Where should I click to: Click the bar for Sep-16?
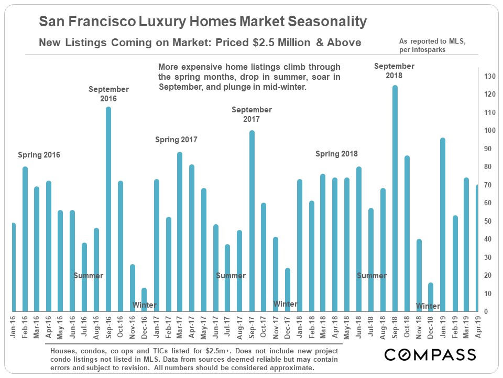[x=108, y=210]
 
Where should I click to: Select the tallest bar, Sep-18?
[x=395, y=199]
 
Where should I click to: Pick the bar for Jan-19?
[x=443, y=226]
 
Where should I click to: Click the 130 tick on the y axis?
[x=490, y=76]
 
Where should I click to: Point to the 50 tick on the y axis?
[x=488, y=222]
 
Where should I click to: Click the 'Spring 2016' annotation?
[x=39, y=155]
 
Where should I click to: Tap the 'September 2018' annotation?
[x=394, y=70]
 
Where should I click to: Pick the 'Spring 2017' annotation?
[x=176, y=140]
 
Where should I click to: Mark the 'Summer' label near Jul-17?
[x=231, y=276]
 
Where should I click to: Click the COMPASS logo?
[x=430, y=354]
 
